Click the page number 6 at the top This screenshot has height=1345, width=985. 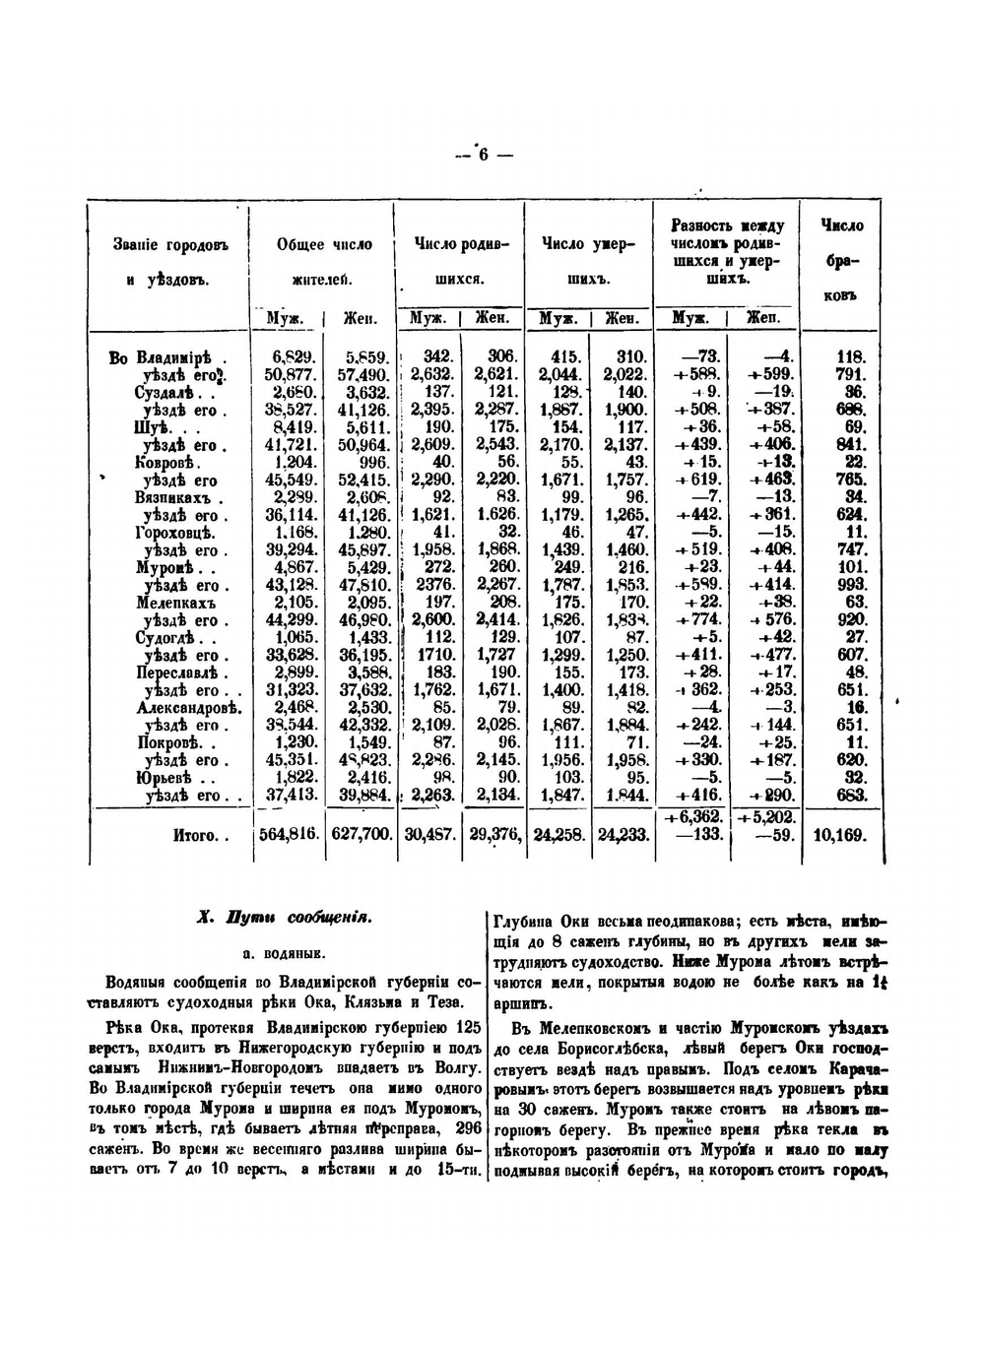[x=484, y=155]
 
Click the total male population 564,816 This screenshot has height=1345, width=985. [x=289, y=834]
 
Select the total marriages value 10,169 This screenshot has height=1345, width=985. [x=840, y=835]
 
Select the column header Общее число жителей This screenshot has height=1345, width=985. [x=324, y=262]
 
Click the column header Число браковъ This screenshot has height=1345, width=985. [x=841, y=260]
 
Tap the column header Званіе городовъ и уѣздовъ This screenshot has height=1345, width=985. [x=170, y=262]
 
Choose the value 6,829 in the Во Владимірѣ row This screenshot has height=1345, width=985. [x=293, y=356]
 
